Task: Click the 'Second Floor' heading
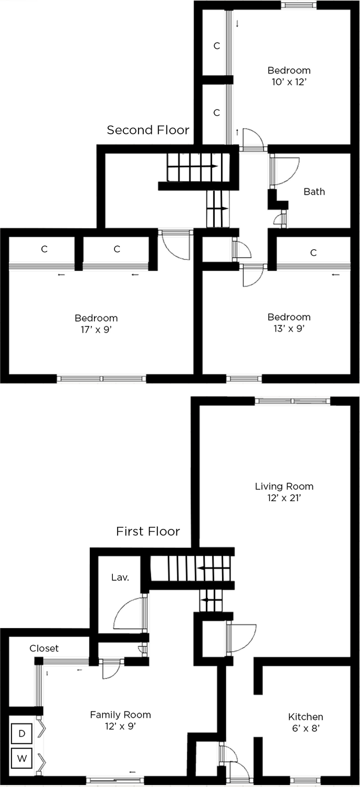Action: [148, 130]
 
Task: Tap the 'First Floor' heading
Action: [148, 531]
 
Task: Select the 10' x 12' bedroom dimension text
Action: [289, 82]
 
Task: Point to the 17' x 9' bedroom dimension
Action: [97, 329]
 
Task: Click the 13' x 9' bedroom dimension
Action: [289, 328]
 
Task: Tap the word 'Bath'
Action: [314, 192]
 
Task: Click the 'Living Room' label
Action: [284, 486]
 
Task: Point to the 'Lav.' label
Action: [120, 577]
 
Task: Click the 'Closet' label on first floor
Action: [44, 648]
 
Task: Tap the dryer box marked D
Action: [22, 733]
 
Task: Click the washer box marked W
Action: [22, 759]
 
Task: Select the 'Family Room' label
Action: [121, 715]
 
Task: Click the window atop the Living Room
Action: [292, 401]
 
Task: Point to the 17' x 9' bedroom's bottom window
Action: [102, 379]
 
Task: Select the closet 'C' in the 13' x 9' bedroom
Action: [314, 252]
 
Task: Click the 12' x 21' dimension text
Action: [284, 498]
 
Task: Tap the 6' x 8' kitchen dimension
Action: [305, 728]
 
